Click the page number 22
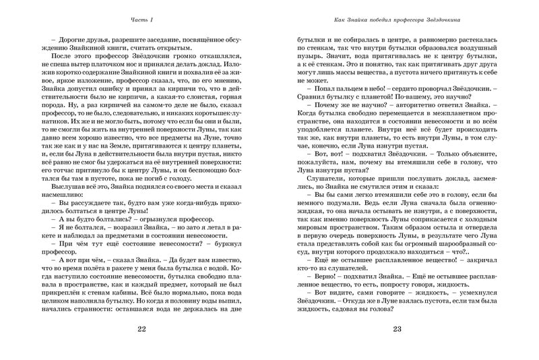point(141,328)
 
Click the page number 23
point(397,328)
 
